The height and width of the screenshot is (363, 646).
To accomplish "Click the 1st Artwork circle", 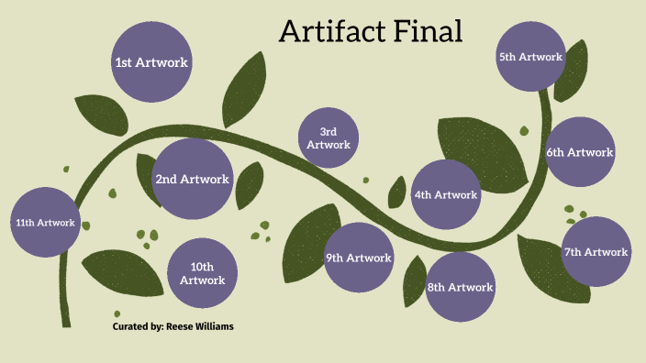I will (151, 62).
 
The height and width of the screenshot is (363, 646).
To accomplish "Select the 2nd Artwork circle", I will (192, 179).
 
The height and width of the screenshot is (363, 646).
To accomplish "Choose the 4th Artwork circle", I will (446, 194).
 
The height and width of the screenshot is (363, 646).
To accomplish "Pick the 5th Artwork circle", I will (530, 57).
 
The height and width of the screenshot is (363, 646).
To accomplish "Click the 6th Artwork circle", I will (579, 152).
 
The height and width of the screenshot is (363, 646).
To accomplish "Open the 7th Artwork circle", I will (596, 251).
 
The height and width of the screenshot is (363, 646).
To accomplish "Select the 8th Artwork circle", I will (461, 287).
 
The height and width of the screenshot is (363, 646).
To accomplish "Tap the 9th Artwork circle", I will (359, 258).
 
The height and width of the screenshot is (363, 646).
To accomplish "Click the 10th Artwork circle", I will (203, 273).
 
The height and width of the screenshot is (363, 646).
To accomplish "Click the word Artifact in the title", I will (331, 32).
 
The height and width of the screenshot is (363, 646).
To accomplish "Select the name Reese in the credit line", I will (184, 326).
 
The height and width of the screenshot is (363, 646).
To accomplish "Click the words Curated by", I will (138, 326).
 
